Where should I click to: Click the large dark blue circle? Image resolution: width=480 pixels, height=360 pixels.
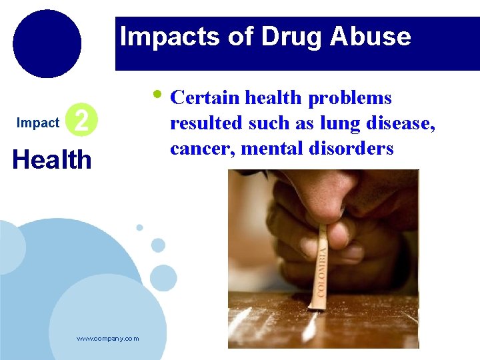pyautogui.click(x=47, y=43)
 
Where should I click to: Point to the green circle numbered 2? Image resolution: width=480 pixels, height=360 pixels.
pyautogui.click(x=83, y=121)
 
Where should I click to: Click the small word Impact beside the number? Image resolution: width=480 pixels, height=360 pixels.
pyautogui.click(x=38, y=123)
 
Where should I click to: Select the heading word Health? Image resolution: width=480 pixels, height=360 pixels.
pyautogui.click(x=52, y=160)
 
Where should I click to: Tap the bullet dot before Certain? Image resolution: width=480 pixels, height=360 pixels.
pyautogui.click(x=157, y=93)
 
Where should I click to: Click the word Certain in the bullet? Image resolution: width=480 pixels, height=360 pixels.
pyautogui.click(x=205, y=98)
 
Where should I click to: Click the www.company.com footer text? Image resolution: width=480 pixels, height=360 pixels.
pyautogui.click(x=108, y=339)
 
